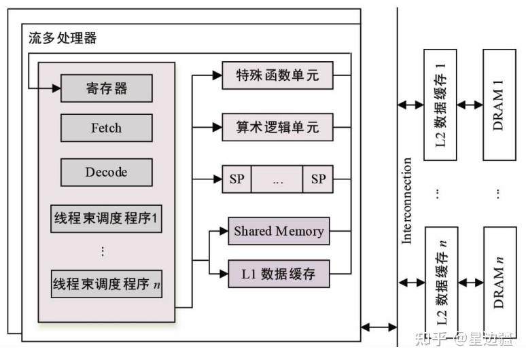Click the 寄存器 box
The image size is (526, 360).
coord(107,88)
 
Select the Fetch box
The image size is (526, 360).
coord(107,127)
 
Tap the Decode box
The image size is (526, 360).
coord(107,172)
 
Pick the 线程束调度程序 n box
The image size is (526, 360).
coord(107,284)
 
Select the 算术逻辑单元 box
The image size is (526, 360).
coord(277,127)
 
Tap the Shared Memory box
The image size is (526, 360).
coord(279,231)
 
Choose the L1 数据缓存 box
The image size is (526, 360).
coord(279,274)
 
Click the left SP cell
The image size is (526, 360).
coord(236,179)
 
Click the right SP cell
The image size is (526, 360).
coord(318,179)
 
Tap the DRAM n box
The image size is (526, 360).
coord(499,278)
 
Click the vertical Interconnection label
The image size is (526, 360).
coord(407,200)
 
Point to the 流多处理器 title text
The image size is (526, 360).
coord(63,38)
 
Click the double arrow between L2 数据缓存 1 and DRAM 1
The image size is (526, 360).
coord(470,105)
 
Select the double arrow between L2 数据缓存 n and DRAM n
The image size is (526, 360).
coord(470,281)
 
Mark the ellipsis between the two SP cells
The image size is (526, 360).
coord(277,179)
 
